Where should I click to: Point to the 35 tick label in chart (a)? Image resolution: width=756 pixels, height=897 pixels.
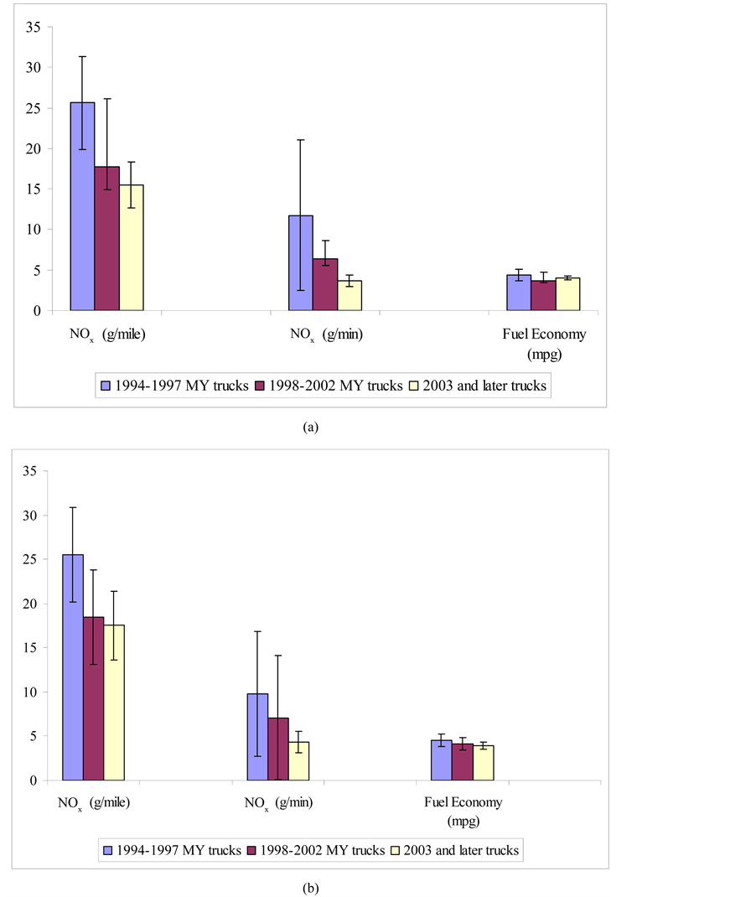[x=33, y=27]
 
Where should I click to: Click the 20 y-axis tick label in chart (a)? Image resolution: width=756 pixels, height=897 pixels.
[x=33, y=148]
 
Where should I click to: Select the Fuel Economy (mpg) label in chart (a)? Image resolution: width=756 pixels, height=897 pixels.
[x=544, y=344]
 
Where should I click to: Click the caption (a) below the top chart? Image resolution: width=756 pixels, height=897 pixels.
[x=310, y=427]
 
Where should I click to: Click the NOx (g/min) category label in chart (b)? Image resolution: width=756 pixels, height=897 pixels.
[x=278, y=802]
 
